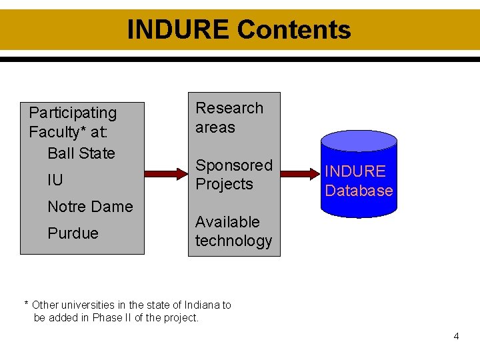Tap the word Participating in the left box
point(73,113)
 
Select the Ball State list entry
point(81,153)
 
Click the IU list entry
point(55,180)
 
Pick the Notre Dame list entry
point(90,207)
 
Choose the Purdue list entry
point(73,233)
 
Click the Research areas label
point(229,117)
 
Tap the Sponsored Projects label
point(233,174)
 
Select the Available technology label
point(233,231)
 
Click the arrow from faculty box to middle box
point(166,174)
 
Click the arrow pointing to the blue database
point(301,174)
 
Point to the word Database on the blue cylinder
point(359,191)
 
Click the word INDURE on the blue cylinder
point(355,171)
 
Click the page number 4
point(456,336)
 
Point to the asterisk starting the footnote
point(27,305)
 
